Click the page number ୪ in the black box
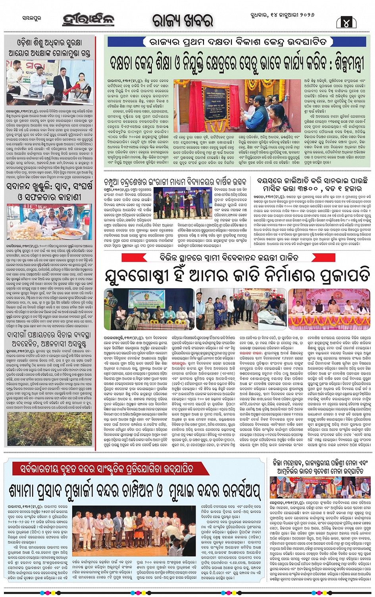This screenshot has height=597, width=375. point(346,22)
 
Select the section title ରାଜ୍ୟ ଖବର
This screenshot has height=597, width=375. point(183,21)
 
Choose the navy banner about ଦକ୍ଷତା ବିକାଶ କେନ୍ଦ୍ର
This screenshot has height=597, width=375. point(237,42)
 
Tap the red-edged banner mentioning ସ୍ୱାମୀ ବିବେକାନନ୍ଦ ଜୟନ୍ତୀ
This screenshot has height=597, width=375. point(237,257)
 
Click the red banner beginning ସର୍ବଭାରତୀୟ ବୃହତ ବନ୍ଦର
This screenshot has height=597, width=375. point(106,469)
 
